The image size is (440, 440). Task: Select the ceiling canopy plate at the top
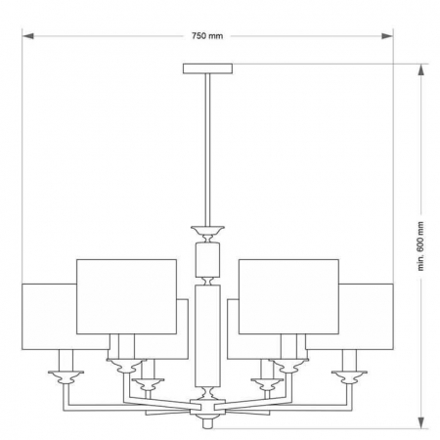pos(206,68)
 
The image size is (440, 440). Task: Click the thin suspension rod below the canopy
pos(206,147)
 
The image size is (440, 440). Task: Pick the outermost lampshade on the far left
pos(47,314)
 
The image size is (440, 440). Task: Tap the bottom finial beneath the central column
pos(206,420)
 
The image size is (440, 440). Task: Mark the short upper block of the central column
pos(206,260)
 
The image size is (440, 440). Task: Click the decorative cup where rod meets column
pos(206,233)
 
